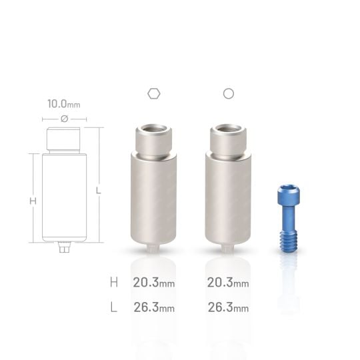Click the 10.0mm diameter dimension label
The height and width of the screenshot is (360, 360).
(x=64, y=104)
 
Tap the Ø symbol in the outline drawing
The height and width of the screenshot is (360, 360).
(x=64, y=119)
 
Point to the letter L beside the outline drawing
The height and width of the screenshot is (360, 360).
(x=98, y=191)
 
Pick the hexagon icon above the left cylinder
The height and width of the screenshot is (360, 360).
(x=153, y=94)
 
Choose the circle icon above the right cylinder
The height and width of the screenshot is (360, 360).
(x=228, y=94)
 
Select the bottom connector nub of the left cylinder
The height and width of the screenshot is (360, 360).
(x=153, y=249)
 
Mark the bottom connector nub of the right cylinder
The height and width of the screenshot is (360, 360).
(x=228, y=249)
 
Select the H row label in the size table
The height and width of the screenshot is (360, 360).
(x=114, y=282)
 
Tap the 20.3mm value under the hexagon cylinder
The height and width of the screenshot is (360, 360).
(x=153, y=282)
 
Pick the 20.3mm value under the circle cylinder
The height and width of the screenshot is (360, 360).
(x=228, y=282)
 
